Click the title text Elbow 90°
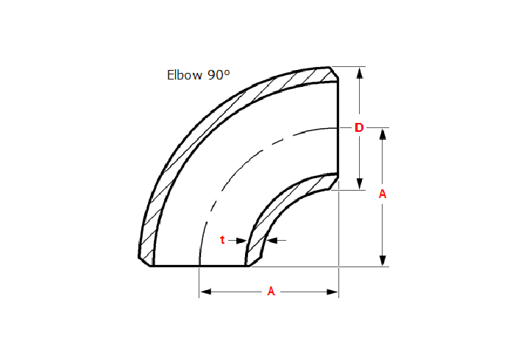(x=199, y=75)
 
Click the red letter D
(x=359, y=127)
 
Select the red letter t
(x=222, y=240)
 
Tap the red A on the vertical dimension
(x=383, y=194)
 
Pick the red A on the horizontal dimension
(x=271, y=292)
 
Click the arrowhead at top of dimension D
(x=360, y=73)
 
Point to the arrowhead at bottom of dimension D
(x=360, y=184)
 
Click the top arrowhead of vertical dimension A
(x=383, y=135)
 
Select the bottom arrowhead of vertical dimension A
(x=383, y=261)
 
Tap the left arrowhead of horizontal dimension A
(x=205, y=292)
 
